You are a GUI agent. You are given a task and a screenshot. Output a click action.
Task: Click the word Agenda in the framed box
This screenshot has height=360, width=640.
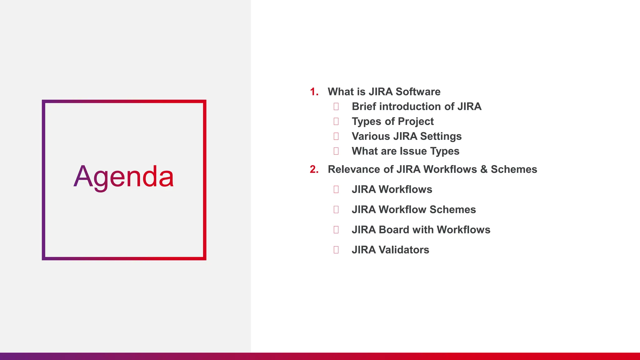pos(124,177)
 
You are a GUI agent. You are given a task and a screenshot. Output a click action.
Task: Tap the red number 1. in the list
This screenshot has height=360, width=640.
pos(314,92)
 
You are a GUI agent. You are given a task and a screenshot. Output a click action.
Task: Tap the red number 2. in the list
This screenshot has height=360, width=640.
pos(314,169)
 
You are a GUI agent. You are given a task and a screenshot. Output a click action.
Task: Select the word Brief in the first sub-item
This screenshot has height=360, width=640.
pos(364,107)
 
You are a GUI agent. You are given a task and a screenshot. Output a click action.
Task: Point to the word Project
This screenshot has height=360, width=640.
pos(416,122)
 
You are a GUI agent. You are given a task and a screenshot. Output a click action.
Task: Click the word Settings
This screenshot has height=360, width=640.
pos(441,137)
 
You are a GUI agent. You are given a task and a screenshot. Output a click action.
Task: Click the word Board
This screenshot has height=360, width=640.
pos(394,230)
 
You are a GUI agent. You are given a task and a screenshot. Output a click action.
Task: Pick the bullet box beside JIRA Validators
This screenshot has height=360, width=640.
pos(336,250)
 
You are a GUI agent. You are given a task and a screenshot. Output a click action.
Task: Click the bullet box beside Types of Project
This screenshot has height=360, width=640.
pos(336,122)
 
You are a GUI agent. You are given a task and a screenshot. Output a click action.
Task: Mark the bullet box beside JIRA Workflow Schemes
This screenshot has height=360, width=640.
pos(336,210)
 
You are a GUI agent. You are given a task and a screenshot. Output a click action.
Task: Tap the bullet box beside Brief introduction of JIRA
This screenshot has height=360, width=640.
pos(336,107)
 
